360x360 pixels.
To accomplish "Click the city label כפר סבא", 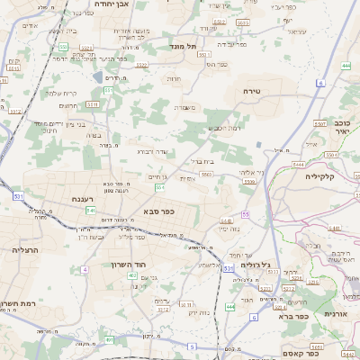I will [158, 211].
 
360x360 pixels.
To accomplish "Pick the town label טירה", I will [251, 92].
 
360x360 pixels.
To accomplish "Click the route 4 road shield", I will [85, 269].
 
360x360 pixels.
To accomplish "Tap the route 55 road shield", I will [245, 215].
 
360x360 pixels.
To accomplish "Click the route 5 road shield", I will [192, 346].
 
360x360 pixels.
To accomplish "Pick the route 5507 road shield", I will [319, 123].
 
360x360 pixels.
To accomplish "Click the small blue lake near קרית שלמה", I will [4, 104].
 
